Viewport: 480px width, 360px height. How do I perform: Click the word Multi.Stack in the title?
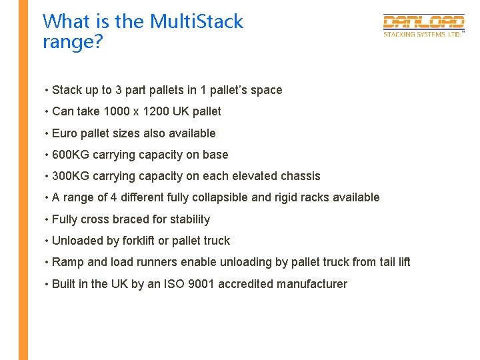197,21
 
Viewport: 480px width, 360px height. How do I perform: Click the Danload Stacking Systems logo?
423,26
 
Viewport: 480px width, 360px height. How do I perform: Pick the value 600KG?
71,155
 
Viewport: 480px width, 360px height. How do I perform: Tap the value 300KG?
71,176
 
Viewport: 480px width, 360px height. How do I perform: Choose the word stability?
188,219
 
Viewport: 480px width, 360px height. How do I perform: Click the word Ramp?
68,262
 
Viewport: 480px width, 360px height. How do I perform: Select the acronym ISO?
174,284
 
